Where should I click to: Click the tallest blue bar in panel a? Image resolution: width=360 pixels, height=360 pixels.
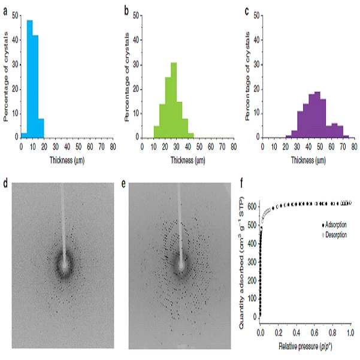coord(30,79)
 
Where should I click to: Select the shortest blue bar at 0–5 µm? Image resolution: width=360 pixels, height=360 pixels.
coord(24,135)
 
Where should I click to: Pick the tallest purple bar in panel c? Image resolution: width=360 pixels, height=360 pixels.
coord(317,114)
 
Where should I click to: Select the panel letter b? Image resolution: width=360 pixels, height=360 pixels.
coord(126,11)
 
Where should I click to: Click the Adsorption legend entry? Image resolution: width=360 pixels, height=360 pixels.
coord(334,225)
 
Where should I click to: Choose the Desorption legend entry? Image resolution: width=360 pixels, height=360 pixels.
coord(334,235)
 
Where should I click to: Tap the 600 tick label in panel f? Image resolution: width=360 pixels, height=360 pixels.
coord(252,207)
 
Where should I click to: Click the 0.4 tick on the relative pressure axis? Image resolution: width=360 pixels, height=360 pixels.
coord(297,332)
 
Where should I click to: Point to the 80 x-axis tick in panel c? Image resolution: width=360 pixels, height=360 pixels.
coord(354,147)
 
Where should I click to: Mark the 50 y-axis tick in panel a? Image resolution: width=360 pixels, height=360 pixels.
coord(15,16)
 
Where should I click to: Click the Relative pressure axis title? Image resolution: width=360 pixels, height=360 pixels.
coord(305,346)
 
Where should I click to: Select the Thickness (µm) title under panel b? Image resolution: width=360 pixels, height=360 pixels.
coord(188,161)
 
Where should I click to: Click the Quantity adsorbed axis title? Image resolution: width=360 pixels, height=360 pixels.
coord(241,262)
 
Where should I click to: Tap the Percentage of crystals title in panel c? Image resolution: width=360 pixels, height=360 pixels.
coord(247,76)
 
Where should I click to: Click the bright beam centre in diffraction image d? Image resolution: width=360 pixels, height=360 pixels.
coord(64,265)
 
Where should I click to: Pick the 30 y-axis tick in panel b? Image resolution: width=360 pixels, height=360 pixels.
coord(136,65)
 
